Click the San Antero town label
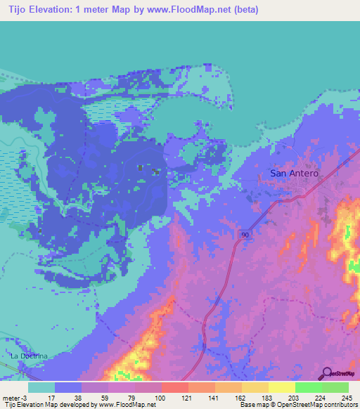295,174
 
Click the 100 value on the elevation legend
161,397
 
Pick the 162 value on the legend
241,397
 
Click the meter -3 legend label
16,397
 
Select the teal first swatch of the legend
41,387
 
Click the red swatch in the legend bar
174,387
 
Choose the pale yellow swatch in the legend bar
281,387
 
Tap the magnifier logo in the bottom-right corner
326,374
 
